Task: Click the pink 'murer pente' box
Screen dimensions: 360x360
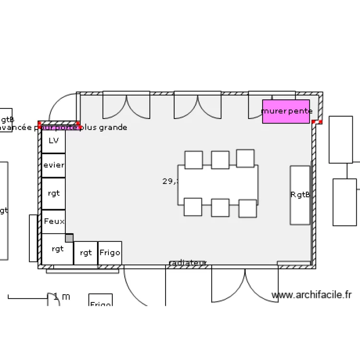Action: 286,111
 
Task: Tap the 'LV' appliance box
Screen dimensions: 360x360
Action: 53,141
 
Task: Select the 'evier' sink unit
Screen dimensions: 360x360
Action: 53,165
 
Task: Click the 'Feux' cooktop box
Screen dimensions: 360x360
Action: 53,221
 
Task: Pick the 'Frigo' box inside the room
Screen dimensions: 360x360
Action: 109,252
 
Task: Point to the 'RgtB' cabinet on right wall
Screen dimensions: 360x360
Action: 300,195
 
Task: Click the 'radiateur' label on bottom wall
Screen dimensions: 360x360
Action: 188,263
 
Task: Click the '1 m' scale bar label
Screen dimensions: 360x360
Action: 61,297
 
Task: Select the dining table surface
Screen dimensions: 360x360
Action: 218,184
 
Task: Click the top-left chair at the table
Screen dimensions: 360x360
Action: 193,160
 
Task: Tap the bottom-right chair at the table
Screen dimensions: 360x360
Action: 248,208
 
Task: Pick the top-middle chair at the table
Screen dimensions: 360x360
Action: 220,160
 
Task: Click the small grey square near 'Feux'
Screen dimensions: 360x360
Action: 69,238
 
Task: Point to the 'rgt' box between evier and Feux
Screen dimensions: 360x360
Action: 53,193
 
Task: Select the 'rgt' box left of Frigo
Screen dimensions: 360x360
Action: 85,252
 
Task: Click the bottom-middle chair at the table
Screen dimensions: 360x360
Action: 220,208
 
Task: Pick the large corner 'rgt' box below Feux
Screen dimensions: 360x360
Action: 57,249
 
